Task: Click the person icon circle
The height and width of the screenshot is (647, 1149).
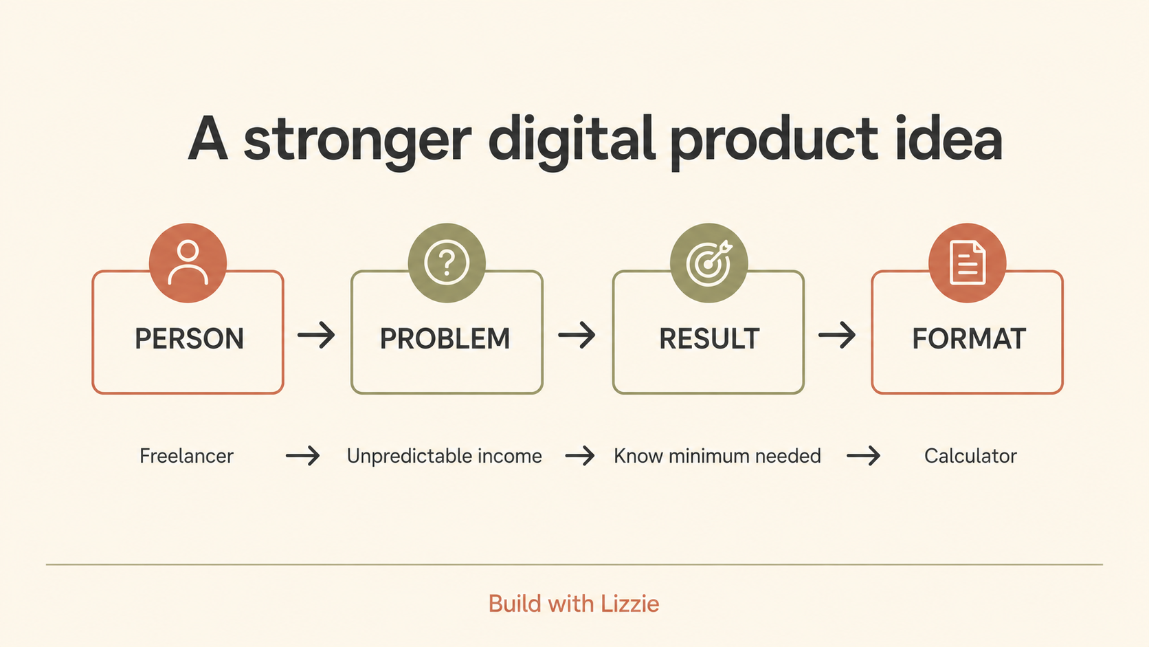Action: point(188,263)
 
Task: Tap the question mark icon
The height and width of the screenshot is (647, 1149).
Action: point(447,263)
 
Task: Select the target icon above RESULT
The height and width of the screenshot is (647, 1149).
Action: point(709,263)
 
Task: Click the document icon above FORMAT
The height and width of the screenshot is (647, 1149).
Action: point(968,262)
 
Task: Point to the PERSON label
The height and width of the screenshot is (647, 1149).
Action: point(189,339)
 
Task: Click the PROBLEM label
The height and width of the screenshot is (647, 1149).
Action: point(445,339)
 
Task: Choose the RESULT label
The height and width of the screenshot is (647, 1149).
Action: point(709,339)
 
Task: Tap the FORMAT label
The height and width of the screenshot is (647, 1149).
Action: point(969,339)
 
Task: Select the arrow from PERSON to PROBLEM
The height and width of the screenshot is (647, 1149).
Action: point(317,336)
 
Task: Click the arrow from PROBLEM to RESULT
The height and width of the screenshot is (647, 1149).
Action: point(577,336)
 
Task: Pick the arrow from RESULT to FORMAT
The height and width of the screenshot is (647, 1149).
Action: point(837,336)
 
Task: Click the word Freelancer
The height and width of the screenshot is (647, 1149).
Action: point(186,456)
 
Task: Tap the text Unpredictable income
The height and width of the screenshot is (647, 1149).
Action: point(444,456)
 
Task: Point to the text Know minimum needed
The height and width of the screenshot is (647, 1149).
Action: point(717,456)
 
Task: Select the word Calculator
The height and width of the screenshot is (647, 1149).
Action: point(970,456)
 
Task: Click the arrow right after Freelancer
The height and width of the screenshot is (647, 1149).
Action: point(302,456)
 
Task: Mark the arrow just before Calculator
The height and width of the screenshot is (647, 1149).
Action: point(864,456)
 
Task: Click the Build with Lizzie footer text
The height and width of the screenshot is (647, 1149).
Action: point(574,604)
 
